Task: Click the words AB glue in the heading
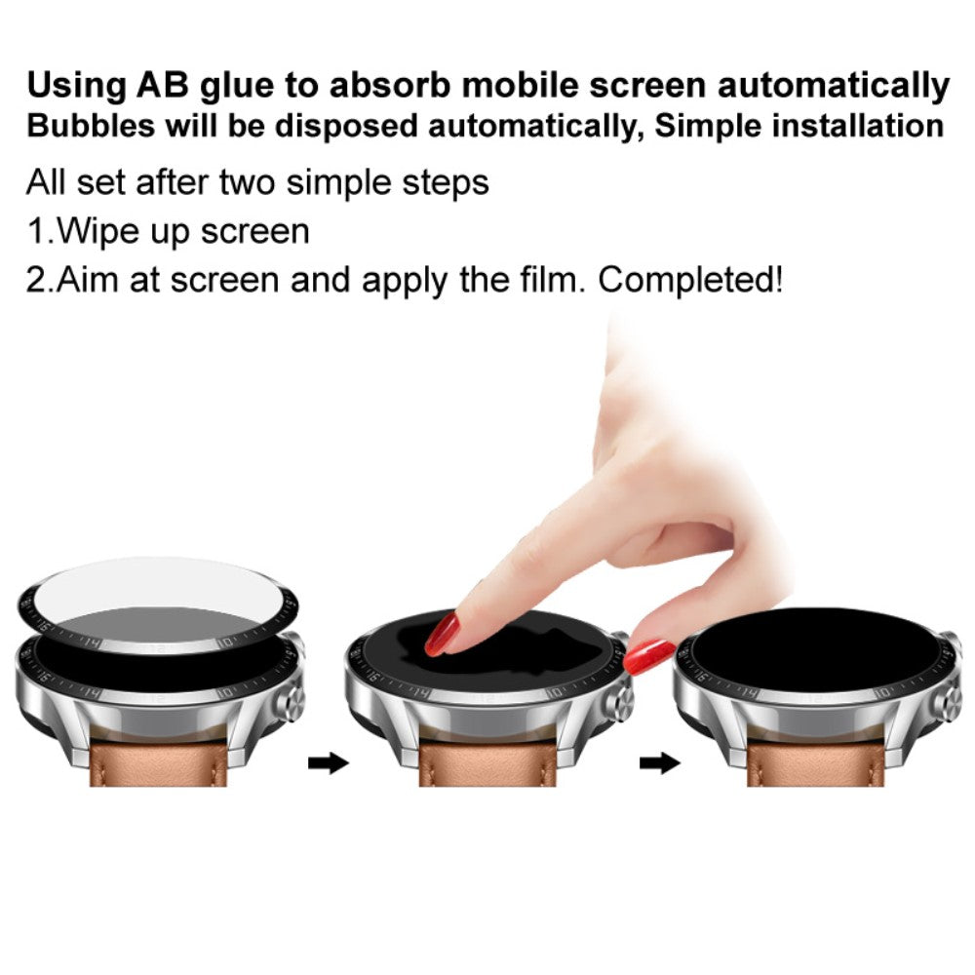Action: click(196, 86)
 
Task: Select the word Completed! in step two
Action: click(690, 281)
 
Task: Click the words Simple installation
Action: click(799, 127)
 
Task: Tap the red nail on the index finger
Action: click(445, 634)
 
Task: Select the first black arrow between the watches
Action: click(328, 762)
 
